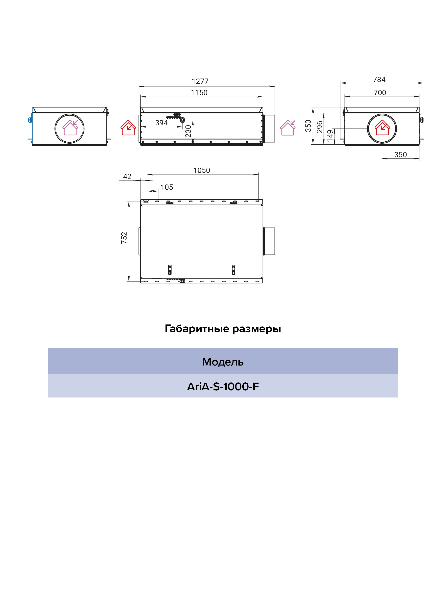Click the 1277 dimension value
(x=200, y=81)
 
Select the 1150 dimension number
(x=199, y=93)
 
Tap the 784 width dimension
(x=379, y=80)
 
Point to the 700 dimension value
(x=380, y=93)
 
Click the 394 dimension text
(x=161, y=123)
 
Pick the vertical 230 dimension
(x=188, y=131)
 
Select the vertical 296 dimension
(x=319, y=127)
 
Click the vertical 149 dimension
(x=330, y=136)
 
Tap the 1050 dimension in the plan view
(x=202, y=171)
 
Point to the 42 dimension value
(x=127, y=177)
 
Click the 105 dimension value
(x=167, y=187)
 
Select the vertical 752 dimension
(x=124, y=238)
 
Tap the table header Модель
(x=223, y=362)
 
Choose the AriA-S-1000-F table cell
(x=223, y=387)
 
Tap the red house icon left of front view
(x=128, y=128)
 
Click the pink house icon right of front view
(x=288, y=128)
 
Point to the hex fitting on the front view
(x=182, y=120)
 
